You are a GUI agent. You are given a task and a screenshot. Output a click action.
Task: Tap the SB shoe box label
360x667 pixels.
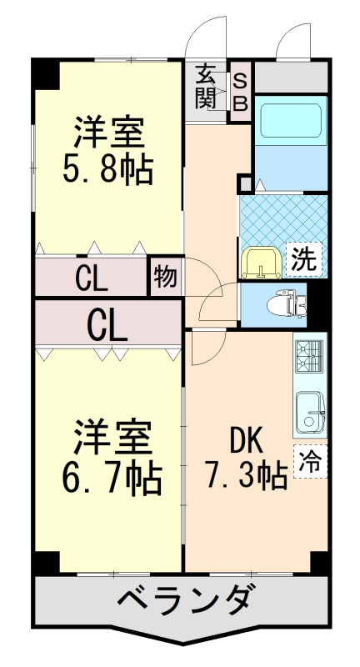(x=241, y=92)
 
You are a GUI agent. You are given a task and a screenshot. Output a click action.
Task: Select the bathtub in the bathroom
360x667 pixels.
(x=291, y=120)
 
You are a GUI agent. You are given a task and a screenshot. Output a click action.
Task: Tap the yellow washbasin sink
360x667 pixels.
(x=260, y=264)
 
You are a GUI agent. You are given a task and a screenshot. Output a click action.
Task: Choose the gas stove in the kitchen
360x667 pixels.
(x=309, y=357)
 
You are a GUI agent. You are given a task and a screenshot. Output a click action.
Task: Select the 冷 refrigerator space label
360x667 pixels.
(x=310, y=461)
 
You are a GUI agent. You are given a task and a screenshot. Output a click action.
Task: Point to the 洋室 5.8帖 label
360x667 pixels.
(x=108, y=149)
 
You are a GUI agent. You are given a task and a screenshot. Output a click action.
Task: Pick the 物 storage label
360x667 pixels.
(x=165, y=277)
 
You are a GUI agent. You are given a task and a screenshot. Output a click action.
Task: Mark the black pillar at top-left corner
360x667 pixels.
(x=47, y=73)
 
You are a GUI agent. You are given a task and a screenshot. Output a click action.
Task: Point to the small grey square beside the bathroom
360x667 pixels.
(x=246, y=183)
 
